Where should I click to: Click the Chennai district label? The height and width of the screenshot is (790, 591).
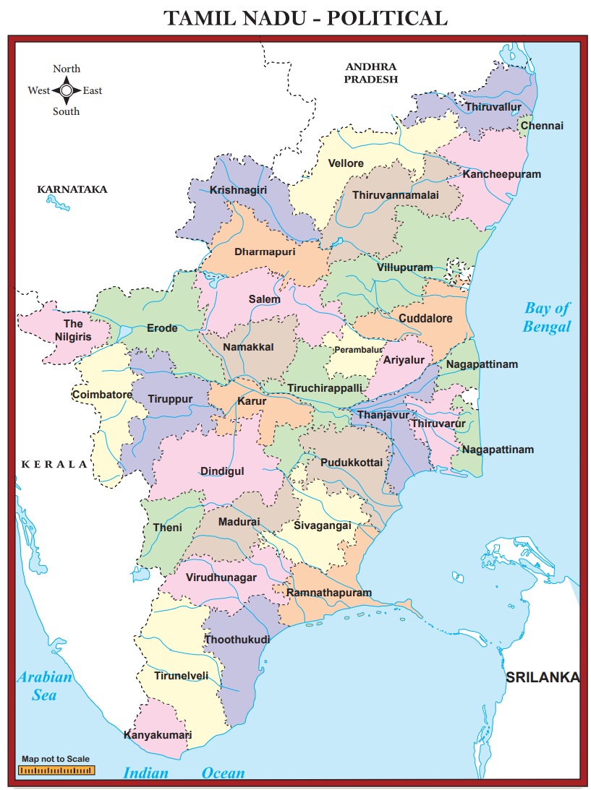pyautogui.click(x=541, y=126)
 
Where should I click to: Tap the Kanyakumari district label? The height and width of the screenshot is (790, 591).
pyautogui.click(x=158, y=735)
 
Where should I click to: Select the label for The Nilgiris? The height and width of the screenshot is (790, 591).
pyautogui.click(x=73, y=330)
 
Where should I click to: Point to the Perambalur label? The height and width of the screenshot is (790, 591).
pyautogui.click(x=357, y=350)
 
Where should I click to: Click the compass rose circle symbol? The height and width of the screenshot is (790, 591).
pyautogui.click(x=66, y=90)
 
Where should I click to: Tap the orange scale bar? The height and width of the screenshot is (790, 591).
pyautogui.click(x=56, y=770)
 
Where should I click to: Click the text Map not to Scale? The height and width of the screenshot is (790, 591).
pyautogui.click(x=56, y=759)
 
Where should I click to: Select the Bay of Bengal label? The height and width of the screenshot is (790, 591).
pyautogui.click(x=547, y=317)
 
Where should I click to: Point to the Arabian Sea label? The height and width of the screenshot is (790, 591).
pyautogui.click(x=45, y=686)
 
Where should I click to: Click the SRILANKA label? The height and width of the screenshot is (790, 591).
pyautogui.click(x=543, y=677)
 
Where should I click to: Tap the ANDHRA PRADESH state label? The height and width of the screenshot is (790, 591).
pyautogui.click(x=370, y=73)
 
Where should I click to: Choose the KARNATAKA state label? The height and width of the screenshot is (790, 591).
pyautogui.click(x=72, y=189)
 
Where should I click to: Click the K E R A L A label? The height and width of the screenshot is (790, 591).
pyautogui.click(x=54, y=464)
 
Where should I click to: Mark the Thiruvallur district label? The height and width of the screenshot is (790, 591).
pyautogui.click(x=493, y=107)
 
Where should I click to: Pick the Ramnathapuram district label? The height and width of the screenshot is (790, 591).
pyautogui.click(x=329, y=593)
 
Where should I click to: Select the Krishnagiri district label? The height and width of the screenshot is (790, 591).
pyautogui.click(x=238, y=190)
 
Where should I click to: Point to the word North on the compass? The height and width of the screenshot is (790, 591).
pyautogui.click(x=67, y=69)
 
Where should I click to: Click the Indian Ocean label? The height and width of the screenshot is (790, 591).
pyautogui.click(x=184, y=773)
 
